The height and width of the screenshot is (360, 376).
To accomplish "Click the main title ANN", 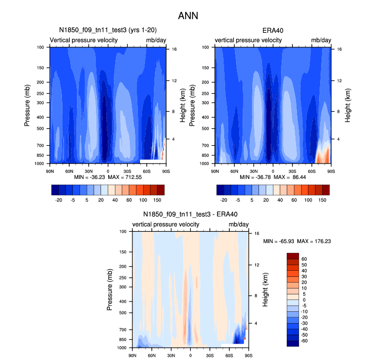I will pyautogui.click(x=188, y=16).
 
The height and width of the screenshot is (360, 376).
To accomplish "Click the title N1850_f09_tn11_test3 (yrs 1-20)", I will pyautogui.click(x=108, y=30).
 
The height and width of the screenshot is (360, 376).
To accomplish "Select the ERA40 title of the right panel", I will pyautogui.click(x=273, y=30).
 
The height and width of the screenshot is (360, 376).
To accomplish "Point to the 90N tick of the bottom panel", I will pyautogui.click(x=132, y=354).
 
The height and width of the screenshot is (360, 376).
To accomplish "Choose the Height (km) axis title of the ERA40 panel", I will pyautogui.click(x=347, y=105).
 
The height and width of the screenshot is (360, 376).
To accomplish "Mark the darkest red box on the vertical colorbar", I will pyautogui.click(x=292, y=256).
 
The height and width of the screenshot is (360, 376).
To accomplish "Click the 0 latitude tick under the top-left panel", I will pyautogui.click(x=108, y=170).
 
